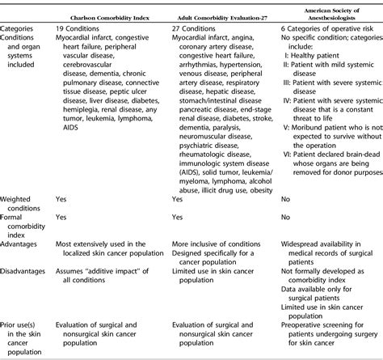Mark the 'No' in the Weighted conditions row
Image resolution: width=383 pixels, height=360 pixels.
285,197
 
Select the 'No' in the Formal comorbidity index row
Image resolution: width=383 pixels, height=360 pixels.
285,218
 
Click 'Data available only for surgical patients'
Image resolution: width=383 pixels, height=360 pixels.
323,296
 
